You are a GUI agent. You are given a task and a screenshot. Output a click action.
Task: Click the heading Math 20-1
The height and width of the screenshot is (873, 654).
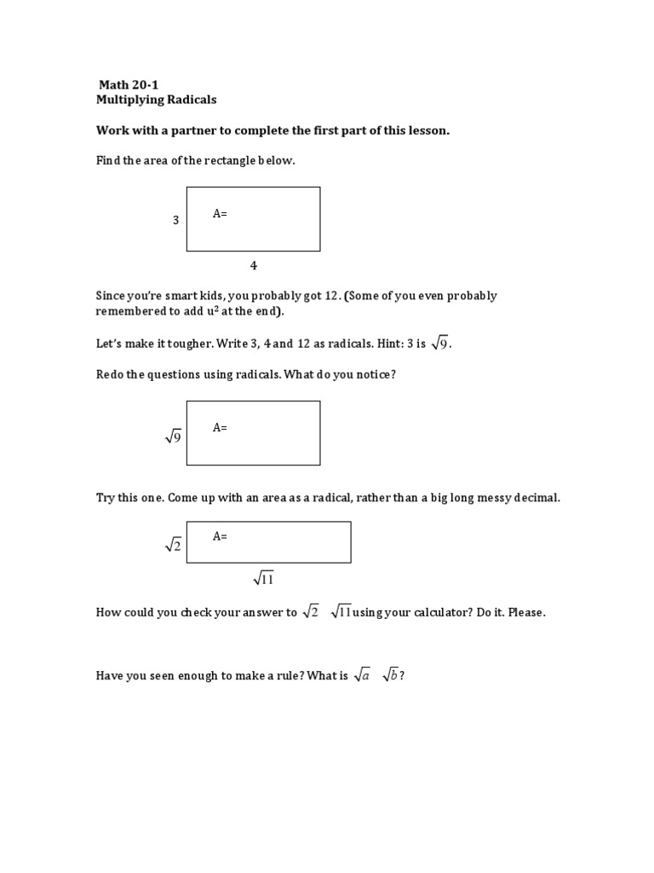129,84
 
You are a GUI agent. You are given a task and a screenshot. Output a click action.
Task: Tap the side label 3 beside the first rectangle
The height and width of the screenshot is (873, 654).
176,220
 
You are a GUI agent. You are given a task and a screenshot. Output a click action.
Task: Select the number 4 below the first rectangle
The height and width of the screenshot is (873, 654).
253,265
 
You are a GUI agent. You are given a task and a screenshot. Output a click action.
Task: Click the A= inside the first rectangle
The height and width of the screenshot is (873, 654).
220,214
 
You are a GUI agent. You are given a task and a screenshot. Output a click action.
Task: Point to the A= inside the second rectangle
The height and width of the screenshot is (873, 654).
220,428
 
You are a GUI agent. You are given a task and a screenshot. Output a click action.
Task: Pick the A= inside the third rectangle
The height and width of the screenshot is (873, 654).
220,536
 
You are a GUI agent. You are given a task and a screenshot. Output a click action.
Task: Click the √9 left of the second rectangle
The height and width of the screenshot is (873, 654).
174,436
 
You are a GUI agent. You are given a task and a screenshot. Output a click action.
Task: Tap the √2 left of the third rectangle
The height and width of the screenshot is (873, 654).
174,546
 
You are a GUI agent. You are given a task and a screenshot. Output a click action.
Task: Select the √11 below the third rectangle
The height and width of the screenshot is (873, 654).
263,580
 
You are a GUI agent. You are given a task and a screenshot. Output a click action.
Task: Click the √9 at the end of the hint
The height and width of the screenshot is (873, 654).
440,344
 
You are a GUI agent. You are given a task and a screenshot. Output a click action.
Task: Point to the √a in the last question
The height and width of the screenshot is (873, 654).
362,675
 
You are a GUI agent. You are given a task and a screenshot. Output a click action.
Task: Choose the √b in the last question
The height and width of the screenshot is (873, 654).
390,675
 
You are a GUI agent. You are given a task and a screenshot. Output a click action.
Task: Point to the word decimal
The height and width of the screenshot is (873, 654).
537,498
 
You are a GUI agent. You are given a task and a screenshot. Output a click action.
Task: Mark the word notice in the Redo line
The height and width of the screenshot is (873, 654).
372,375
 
